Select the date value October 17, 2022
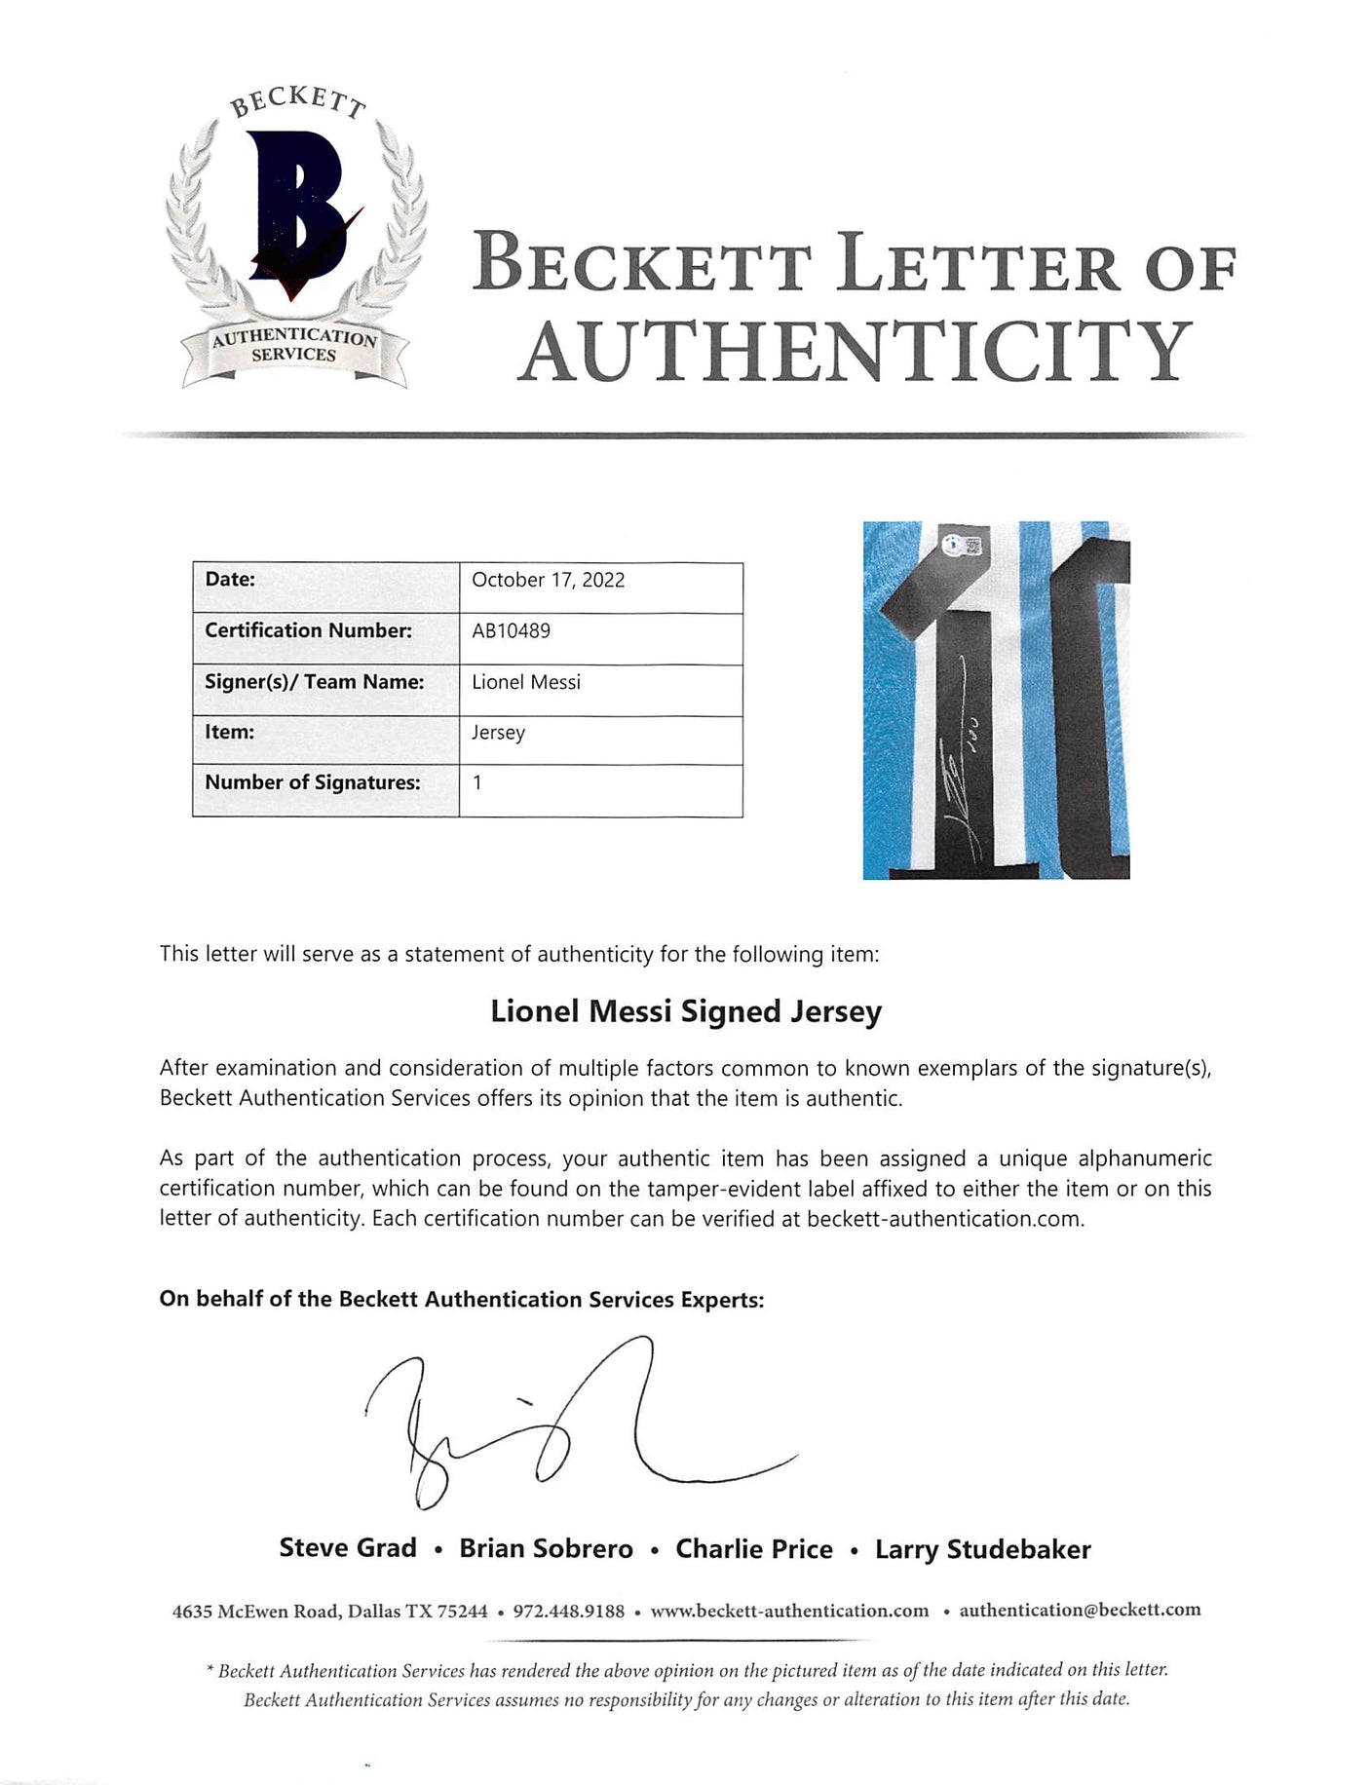(548, 580)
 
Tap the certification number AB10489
(511, 630)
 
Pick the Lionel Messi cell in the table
(526, 682)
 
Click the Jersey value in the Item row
(498, 732)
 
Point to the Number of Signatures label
(312, 782)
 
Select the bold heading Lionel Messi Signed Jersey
(685, 1011)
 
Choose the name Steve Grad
(348, 1549)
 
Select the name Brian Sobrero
(546, 1549)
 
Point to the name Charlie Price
(754, 1549)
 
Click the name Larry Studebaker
(982, 1549)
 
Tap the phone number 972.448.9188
(568, 1612)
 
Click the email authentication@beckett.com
(1080, 1611)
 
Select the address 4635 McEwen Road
(256, 1612)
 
